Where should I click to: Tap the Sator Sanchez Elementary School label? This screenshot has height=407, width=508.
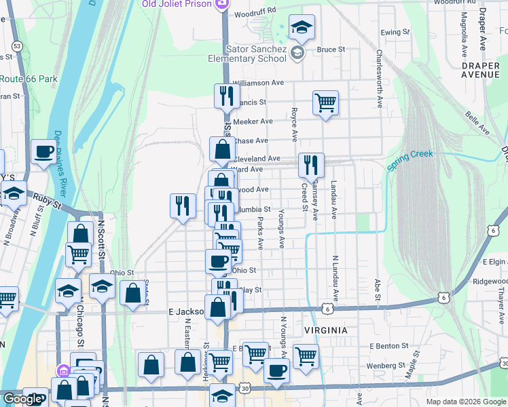pyautogui.click(x=256, y=54)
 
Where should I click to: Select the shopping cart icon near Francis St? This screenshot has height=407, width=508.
pyautogui.click(x=326, y=103)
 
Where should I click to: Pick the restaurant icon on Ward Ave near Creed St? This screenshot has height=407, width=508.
pyautogui.click(x=310, y=165)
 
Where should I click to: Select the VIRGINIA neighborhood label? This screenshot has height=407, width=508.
pyautogui.click(x=322, y=330)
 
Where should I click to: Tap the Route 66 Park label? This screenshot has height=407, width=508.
pyautogui.click(x=29, y=79)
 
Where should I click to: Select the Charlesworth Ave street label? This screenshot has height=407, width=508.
pyautogui.click(x=379, y=78)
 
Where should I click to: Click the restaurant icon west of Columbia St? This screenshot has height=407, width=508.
pyautogui.click(x=182, y=206)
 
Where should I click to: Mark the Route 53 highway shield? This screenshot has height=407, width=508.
pyautogui.click(x=17, y=46)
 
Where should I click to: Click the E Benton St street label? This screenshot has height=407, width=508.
pyautogui.click(x=389, y=346)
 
